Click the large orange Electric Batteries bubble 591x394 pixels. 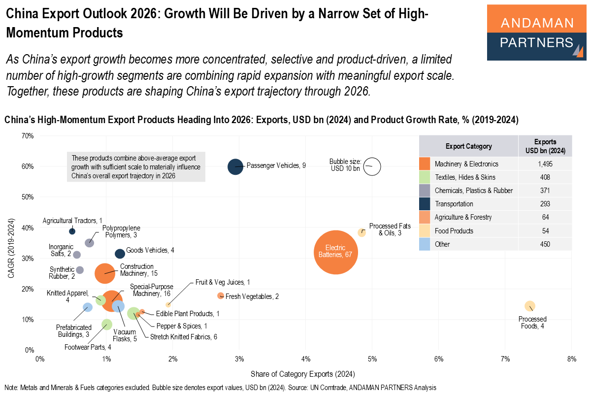(x=335, y=253)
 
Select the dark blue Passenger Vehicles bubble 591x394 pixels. (x=235, y=166)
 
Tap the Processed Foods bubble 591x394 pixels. (x=529, y=306)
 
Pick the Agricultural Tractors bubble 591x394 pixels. (x=72, y=231)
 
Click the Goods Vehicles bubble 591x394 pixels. (x=120, y=254)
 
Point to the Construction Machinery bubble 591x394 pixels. (x=104, y=273)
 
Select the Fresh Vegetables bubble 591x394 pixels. (x=220, y=295)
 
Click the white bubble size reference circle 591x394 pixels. (x=372, y=166)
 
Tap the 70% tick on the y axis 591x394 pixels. (x=27, y=135)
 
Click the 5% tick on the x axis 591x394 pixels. (x=372, y=359)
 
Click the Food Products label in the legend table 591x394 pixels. (x=454, y=230)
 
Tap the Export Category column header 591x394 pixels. (x=468, y=146)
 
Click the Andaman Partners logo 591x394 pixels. (x=536, y=33)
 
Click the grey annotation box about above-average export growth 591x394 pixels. (x=136, y=167)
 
